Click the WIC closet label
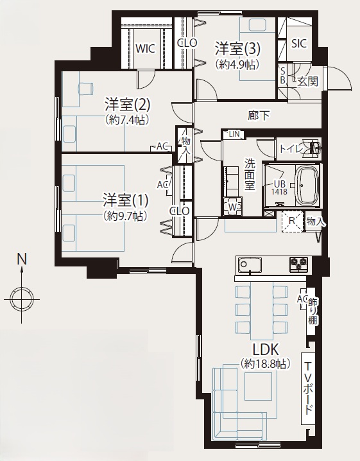pos(145,49)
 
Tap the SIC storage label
pos(299,44)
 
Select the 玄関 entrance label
pos(307,81)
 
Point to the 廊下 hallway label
pos(259,116)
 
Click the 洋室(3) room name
pos(237,49)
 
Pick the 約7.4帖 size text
pos(126,119)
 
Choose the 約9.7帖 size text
pos(125,216)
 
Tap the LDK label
pos(266,350)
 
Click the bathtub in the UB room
pos(307,186)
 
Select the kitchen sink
pos(250,265)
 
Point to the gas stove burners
pos(299,264)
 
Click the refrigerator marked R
pos(292,222)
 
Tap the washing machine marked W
pos(233,207)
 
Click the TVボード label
pos(308,388)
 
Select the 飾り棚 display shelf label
pos(313,311)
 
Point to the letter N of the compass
pos(22,259)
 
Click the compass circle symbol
pos(22,299)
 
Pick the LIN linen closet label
pos(234,134)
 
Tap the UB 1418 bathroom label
pos(279,187)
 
